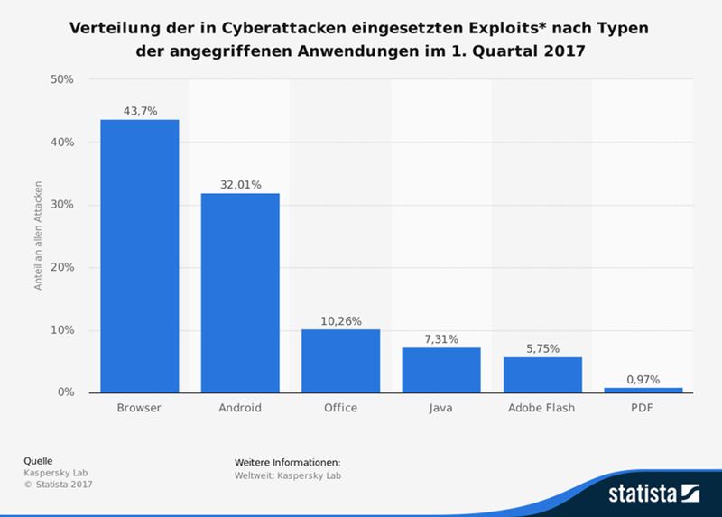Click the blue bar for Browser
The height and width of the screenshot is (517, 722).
[x=139, y=256]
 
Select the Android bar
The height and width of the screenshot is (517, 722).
[x=240, y=293]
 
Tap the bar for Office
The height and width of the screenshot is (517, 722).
[x=340, y=361]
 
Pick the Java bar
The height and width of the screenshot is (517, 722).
[x=441, y=370]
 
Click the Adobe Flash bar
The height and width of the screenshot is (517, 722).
[x=542, y=374]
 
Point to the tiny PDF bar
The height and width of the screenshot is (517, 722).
[x=643, y=390]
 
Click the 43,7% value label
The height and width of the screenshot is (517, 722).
[x=139, y=111]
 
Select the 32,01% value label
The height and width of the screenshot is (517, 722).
[x=240, y=184]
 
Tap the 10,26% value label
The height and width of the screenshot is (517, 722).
[x=340, y=320]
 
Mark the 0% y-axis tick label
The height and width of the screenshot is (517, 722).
[x=64, y=392]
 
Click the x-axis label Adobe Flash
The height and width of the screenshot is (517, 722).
[x=542, y=408]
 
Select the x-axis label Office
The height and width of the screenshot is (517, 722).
[x=340, y=408]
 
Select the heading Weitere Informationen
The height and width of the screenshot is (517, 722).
[x=287, y=464]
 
